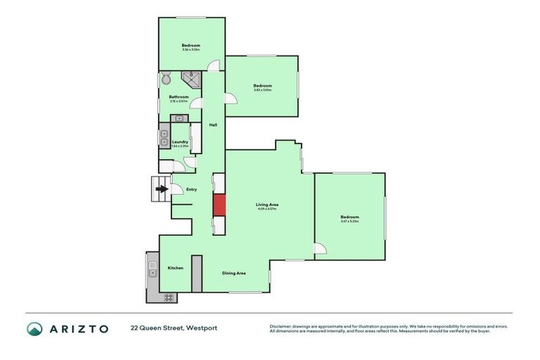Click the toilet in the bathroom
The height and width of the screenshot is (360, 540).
(166, 78)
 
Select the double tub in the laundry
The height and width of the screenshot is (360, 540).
(164, 137)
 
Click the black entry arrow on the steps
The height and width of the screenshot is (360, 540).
(162, 188)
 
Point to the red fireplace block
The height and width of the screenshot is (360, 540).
(219, 205)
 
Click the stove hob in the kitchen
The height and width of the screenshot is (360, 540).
(169, 297)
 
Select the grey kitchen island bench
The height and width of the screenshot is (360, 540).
(197, 274)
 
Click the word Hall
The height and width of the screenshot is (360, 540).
(212, 124)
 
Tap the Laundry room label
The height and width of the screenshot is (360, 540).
(180, 141)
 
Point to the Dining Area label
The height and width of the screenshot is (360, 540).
(233, 273)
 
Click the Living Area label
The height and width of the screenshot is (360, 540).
(267, 205)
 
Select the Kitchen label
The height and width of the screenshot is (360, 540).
(175, 268)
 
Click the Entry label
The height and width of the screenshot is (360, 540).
(191, 189)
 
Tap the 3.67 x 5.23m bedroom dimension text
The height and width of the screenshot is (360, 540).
(349, 221)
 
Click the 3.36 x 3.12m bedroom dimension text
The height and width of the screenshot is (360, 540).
(191, 50)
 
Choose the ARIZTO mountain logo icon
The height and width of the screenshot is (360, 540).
(35, 328)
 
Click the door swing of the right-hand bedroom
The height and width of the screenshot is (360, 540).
(320, 248)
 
